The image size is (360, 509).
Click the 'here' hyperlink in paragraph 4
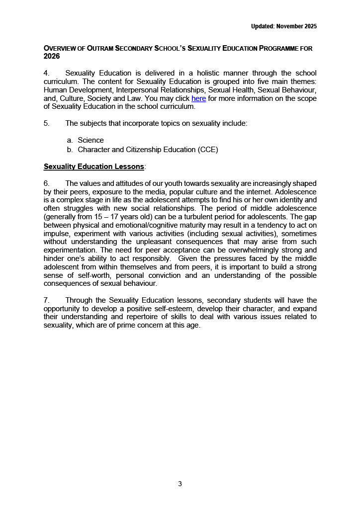(198, 98)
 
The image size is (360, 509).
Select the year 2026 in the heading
(52, 57)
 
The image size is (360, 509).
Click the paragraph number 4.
(46, 74)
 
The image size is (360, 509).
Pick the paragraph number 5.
(46, 123)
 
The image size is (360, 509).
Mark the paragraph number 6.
(46, 184)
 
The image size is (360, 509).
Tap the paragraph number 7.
(46, 300)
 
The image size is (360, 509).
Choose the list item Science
(90, 140)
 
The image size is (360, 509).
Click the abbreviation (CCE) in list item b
(208, 149)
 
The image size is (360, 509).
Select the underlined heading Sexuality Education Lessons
(94, 166)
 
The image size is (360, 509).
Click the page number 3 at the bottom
(180, 484)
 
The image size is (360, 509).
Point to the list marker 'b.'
(70, 149)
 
